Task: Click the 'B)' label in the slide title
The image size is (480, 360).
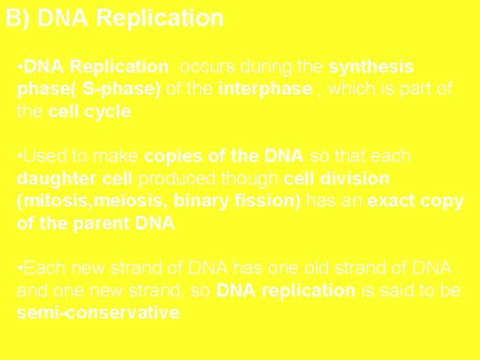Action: [18, 18]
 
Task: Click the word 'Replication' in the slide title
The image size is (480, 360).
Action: [159, 18]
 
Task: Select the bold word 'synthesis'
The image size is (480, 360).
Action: [371, 67]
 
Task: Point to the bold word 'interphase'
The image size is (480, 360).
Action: [265, 89]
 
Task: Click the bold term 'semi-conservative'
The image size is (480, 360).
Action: [98, 313]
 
